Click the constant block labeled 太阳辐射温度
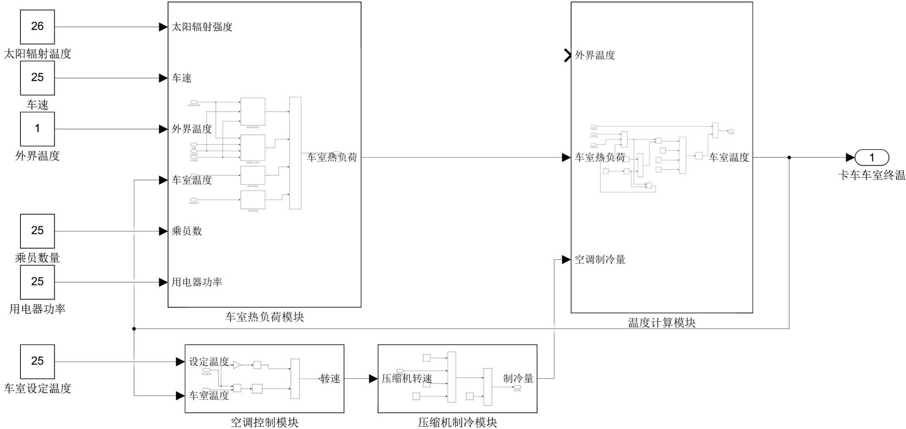click(37, 27)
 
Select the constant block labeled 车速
click(37, 78)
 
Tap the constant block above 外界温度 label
click(37, 129)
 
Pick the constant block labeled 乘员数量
click(37, 231)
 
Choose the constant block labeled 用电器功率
click(37, 282)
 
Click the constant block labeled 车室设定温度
click(37, 362)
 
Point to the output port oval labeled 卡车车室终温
click(872, 158)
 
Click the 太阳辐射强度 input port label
click(202, 27)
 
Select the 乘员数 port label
click(187, 231)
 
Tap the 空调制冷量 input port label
click(600, 260)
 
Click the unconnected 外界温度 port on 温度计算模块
click(567, 55)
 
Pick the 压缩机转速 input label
click(407, 379)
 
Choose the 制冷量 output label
click(518, 379)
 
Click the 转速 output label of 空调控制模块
click(330, 379)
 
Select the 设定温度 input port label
click(209, 362)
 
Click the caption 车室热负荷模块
click(265, 317)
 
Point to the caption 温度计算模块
click(661, 323)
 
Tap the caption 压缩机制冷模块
click(458, 422)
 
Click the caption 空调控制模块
click(265, 422)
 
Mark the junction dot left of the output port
click(789, 158)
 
